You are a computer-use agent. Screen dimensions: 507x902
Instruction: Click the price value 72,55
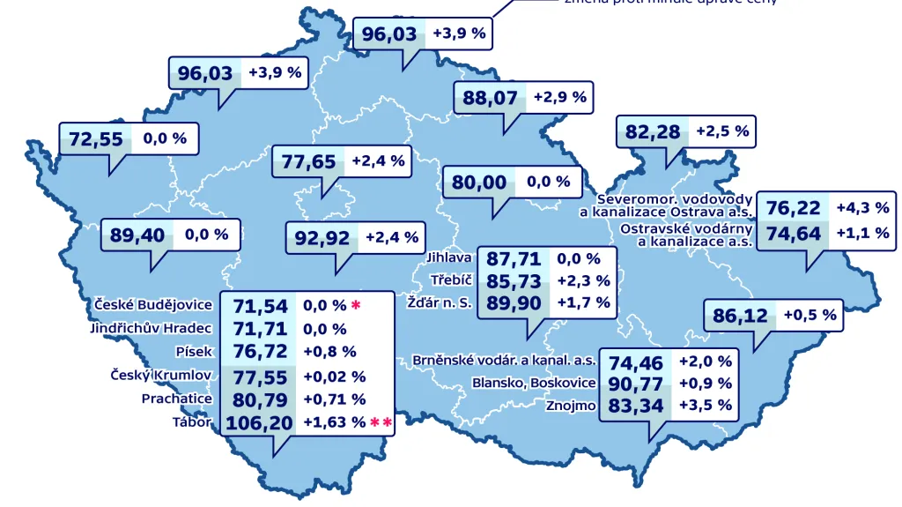coord(95,139)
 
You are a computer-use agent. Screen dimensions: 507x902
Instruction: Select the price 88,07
coord(490,98)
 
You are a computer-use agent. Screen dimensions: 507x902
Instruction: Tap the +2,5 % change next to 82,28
coord(722,131)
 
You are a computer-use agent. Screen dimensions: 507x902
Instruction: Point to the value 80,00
coord(479,183)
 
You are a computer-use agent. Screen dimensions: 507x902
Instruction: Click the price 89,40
coord(137,235)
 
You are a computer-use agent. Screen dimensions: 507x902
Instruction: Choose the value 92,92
coord(322,238)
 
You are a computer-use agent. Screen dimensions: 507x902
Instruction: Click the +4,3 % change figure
coord(862,208)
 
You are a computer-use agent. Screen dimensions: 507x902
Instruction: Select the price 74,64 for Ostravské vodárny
coord(793,234)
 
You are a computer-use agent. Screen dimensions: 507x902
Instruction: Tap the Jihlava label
coord(449,258)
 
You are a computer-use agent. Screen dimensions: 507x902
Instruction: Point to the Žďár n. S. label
coord(440,302)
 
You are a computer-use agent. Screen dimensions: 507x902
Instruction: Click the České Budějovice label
coord(153,305)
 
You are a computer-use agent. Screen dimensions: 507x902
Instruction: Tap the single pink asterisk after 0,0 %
coord(356,305)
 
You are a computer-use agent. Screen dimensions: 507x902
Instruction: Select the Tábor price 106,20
coord(259,423)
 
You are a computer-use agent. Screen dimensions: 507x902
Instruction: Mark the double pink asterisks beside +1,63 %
coord(381,423)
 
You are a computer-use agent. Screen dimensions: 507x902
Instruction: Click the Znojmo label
coord(571,406)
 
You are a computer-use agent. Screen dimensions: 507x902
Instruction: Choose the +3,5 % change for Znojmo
coord(706,406)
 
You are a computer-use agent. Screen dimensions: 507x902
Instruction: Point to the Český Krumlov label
coord(161,376)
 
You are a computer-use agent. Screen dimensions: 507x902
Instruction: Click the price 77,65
coord(308,161)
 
